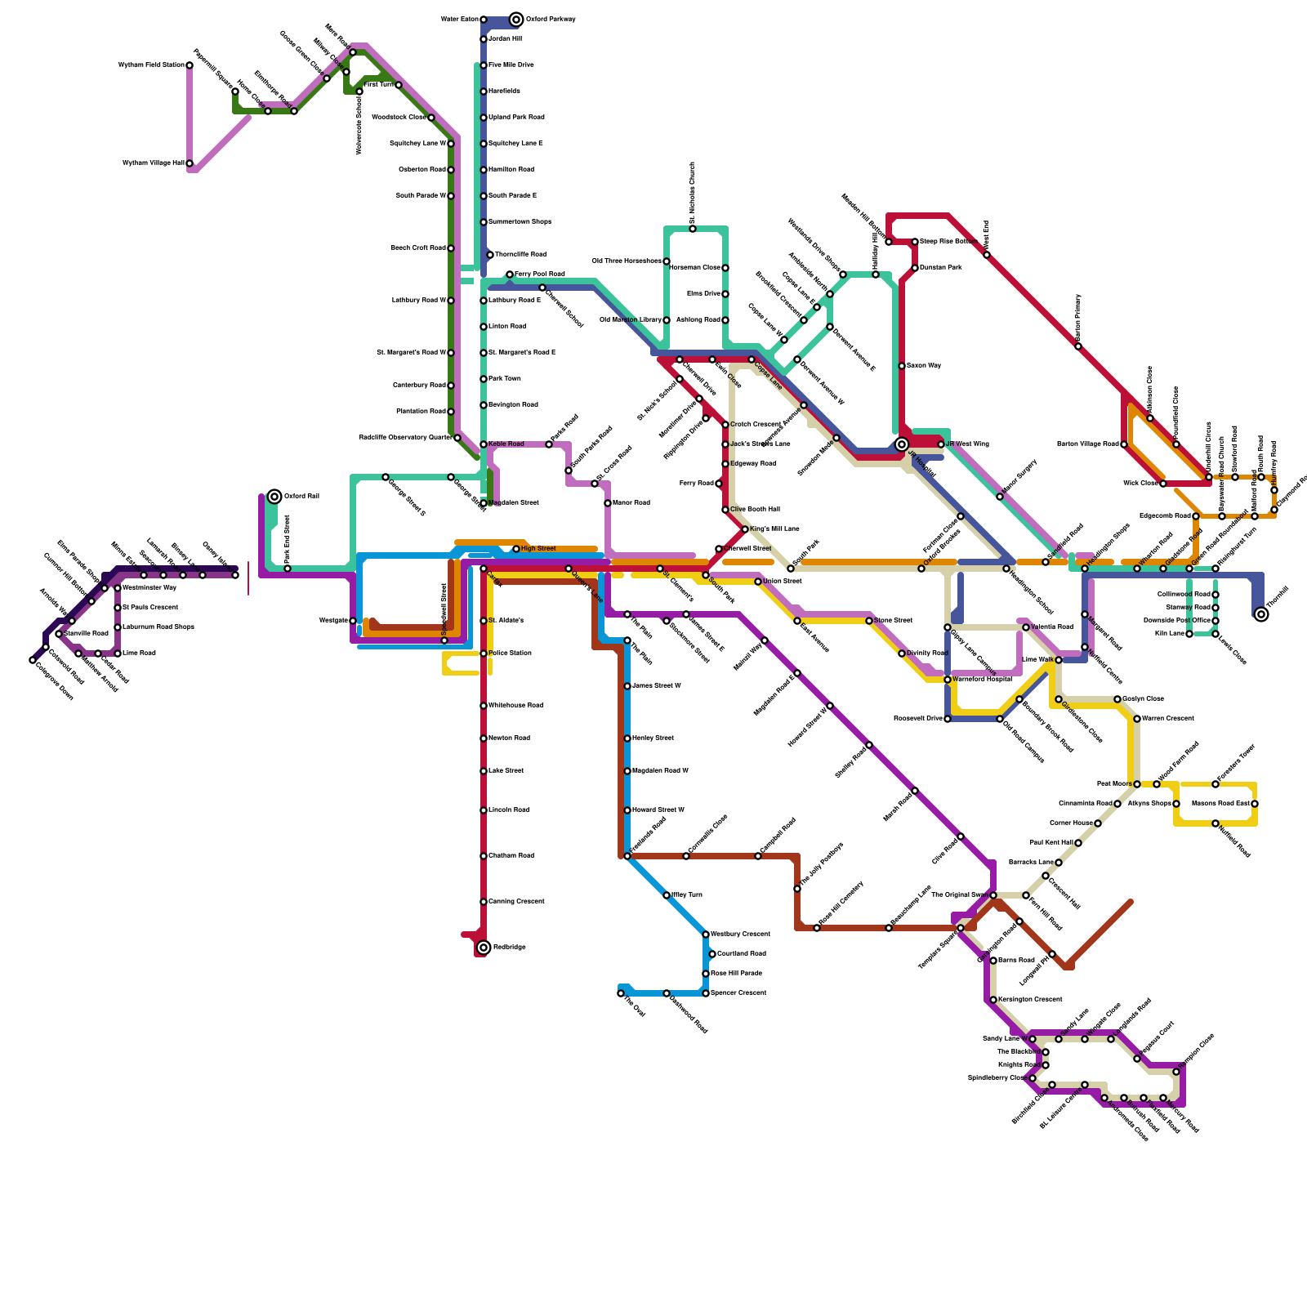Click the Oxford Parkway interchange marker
click(516, 20)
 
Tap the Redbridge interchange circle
click(484, 948)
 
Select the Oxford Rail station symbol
click(274, 497)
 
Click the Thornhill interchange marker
click(1261, 614)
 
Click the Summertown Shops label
click(520, 222)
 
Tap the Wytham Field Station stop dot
click(190, 65)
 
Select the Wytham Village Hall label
click(153, 163)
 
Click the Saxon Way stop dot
click(902, 366)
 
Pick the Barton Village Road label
click(1087, 444)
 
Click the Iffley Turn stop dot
click(667, 895)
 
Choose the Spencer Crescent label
click(738, 993)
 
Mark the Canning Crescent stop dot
click(484, 902)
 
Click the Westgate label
click(333, 621)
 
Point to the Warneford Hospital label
click(982, 680)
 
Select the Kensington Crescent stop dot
click(993, 1000)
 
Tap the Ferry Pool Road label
click(539, 274)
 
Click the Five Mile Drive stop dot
click(484, 65)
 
